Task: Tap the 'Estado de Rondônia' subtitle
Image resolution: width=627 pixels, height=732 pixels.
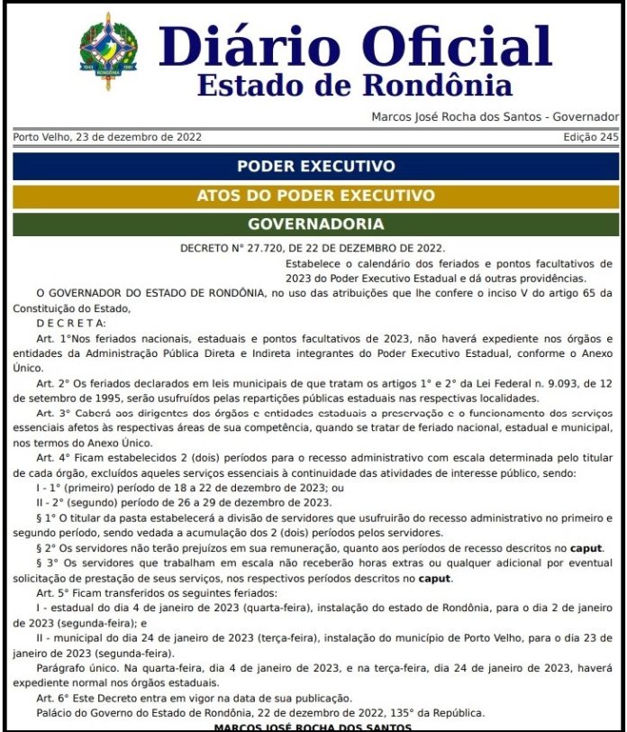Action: coord(354,86)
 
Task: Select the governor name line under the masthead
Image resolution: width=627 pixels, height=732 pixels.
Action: coord(495,117)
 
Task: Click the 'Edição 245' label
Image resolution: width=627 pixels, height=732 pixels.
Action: coord(590,137)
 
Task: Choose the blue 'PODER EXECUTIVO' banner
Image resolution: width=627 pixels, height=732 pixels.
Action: coord(315,166)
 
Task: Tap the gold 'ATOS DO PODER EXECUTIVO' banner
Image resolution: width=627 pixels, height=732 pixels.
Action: coord(315,195)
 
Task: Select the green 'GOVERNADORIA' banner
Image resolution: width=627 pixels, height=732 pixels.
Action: coord(315,224)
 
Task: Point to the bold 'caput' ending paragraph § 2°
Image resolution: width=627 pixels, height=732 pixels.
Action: coord(586,548)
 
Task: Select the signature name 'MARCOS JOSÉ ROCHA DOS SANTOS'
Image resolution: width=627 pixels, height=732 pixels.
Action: coord(313,727)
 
